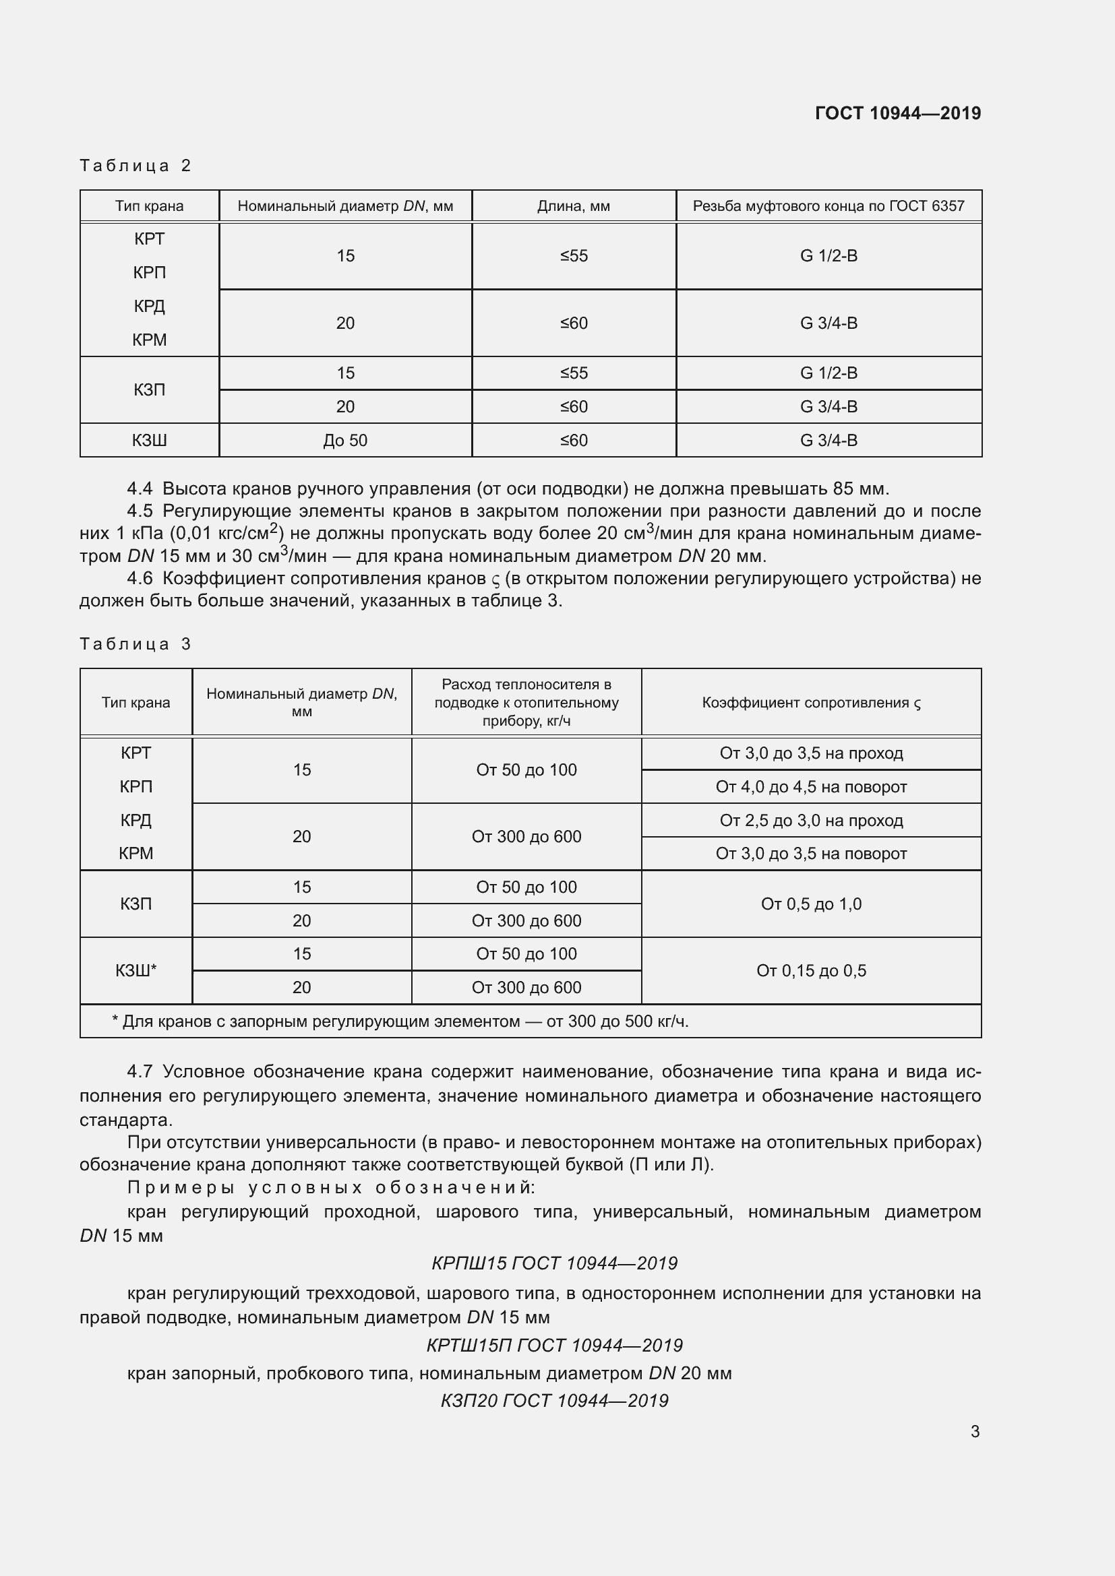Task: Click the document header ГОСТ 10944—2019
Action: click(x=897, y=113)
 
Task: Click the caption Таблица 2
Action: click(x=135, y=166)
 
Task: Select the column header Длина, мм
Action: click(x=573, y=206)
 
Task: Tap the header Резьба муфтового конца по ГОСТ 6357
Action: click(x=828, y=206)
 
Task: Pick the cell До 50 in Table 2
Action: click(x=344, y=441)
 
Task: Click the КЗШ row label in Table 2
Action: click(x=149, y=441)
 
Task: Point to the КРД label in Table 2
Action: click(x=149, y=306)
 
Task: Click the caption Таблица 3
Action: click(x=135, y=644)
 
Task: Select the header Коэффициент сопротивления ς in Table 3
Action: click(x=811, y=703)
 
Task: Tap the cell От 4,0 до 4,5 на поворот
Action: click(x=811, y=787)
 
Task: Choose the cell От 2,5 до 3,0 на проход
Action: click(x=811, y=821)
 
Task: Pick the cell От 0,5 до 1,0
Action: click(x=811, y=905)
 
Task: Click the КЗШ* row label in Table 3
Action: click(x=136, y=970)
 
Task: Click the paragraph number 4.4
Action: click(x=140, y=488)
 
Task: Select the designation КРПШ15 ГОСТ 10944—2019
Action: click(x=554, y=1263)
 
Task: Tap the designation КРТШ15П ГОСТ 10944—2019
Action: click(x=554, y=1346)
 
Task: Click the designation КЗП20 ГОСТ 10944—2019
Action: click(x=554, y=1401)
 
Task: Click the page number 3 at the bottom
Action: click(x=975, y=1432)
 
